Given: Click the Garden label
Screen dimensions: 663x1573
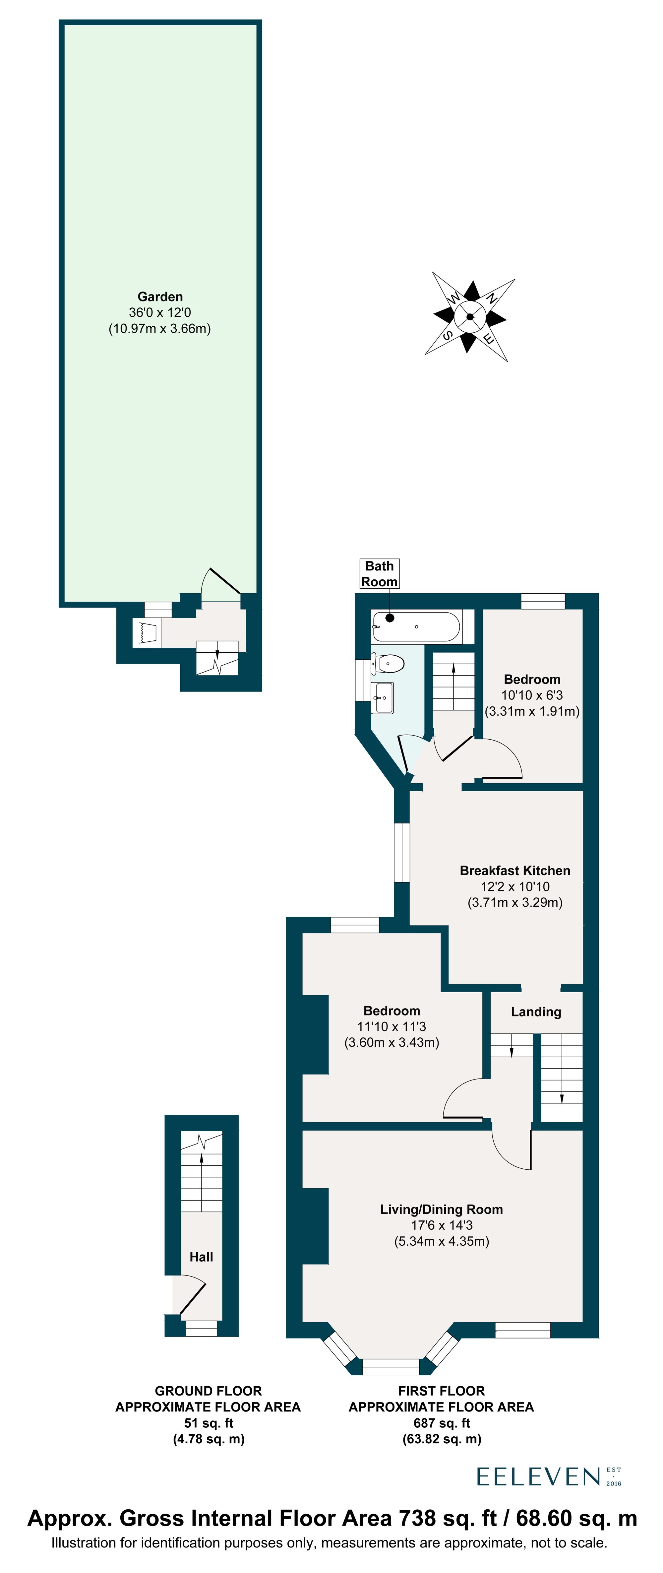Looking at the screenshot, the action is coord(160,297).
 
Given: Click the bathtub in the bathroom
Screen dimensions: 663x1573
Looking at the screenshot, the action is coord(416,626).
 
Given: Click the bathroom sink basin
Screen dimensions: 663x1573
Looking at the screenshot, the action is coord(383,697).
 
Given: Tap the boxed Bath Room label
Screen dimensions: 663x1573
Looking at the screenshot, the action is coord(379,574).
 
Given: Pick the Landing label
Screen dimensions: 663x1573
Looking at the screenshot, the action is coord(536,1012).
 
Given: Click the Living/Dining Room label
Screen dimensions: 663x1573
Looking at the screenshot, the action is coord(441,1210).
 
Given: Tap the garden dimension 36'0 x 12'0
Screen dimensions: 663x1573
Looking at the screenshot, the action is coord(160,313).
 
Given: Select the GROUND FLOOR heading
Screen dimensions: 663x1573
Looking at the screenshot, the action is coord(208,1391).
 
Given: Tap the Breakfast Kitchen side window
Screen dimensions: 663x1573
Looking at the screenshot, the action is coord(402,852).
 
